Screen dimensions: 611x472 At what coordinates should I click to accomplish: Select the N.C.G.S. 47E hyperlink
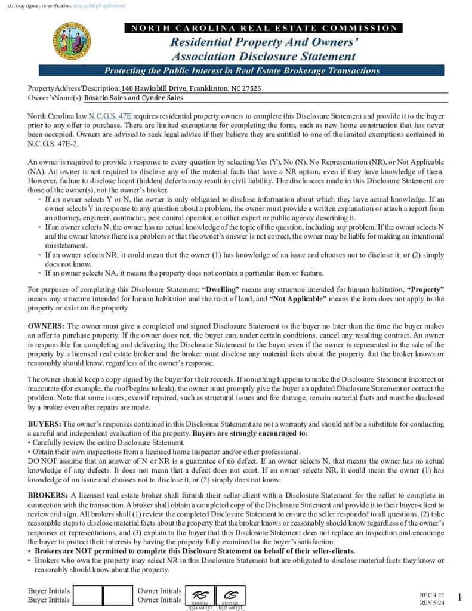coord(110,115)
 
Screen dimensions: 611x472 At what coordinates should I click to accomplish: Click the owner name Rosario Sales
coord(104,98)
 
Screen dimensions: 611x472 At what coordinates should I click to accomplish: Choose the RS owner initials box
coord(200,596)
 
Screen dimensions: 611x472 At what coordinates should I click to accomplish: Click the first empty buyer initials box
coord(87,595)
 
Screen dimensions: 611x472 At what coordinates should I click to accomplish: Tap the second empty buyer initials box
coord(118,595)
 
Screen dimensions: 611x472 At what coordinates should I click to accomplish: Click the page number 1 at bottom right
coord(459,597)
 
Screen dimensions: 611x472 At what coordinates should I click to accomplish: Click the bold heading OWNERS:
coord(47,326)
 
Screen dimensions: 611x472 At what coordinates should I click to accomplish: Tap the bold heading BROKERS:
coord(48,495)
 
